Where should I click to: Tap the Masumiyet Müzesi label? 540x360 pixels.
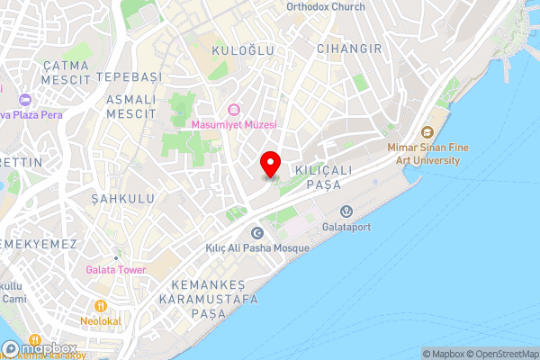234,124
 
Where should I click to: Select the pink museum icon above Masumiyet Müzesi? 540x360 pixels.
234,110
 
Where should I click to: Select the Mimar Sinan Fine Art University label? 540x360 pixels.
423,154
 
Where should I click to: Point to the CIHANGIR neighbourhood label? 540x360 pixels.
349,49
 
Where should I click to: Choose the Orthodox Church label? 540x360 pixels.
325,6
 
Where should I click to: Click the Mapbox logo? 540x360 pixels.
40,347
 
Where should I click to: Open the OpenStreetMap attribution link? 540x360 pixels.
499,354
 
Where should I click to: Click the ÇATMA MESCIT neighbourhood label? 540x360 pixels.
67,72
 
